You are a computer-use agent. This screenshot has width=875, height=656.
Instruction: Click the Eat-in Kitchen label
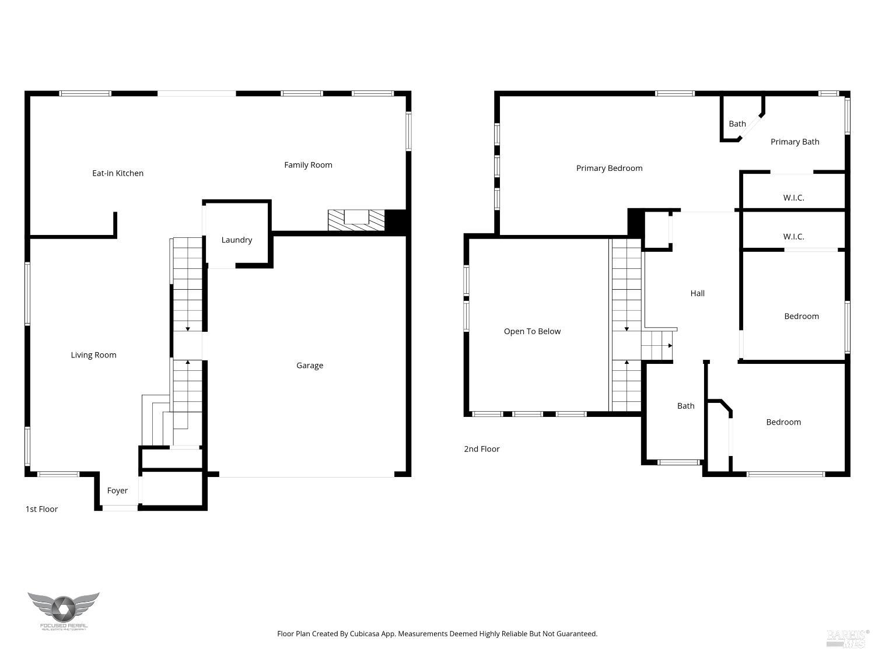point(118,173)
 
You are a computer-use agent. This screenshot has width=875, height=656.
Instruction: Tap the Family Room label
point(308,165)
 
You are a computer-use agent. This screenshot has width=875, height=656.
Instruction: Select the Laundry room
point(237,240)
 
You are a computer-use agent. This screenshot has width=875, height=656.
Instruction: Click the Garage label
point(309,366)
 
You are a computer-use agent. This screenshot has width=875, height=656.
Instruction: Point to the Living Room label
point(93,355)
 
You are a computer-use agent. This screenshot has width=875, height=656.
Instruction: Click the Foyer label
point(117,491)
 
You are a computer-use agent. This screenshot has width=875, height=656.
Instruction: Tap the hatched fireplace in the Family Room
point(356,220)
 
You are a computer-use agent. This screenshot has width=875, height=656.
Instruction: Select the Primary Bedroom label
point(609,169)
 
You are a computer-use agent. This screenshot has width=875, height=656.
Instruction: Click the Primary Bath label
point(794,142)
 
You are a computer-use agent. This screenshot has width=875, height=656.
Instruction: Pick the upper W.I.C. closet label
point(793,198)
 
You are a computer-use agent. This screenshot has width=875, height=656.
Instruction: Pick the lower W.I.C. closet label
point(793,237)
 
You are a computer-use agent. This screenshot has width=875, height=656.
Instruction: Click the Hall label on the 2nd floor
point(698,294)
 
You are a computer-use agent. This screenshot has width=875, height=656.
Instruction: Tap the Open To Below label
point(532,332)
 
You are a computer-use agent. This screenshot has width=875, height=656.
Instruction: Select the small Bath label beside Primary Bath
point(737,124)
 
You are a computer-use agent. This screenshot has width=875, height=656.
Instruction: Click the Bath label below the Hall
point(685,406)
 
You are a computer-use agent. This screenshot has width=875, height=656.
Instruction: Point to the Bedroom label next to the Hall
point(801,317)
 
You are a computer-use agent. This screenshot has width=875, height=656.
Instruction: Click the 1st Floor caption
point(41,509)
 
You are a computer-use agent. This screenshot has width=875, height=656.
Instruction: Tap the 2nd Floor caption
point(482,449)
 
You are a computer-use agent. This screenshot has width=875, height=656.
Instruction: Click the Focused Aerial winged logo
point(64,610)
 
